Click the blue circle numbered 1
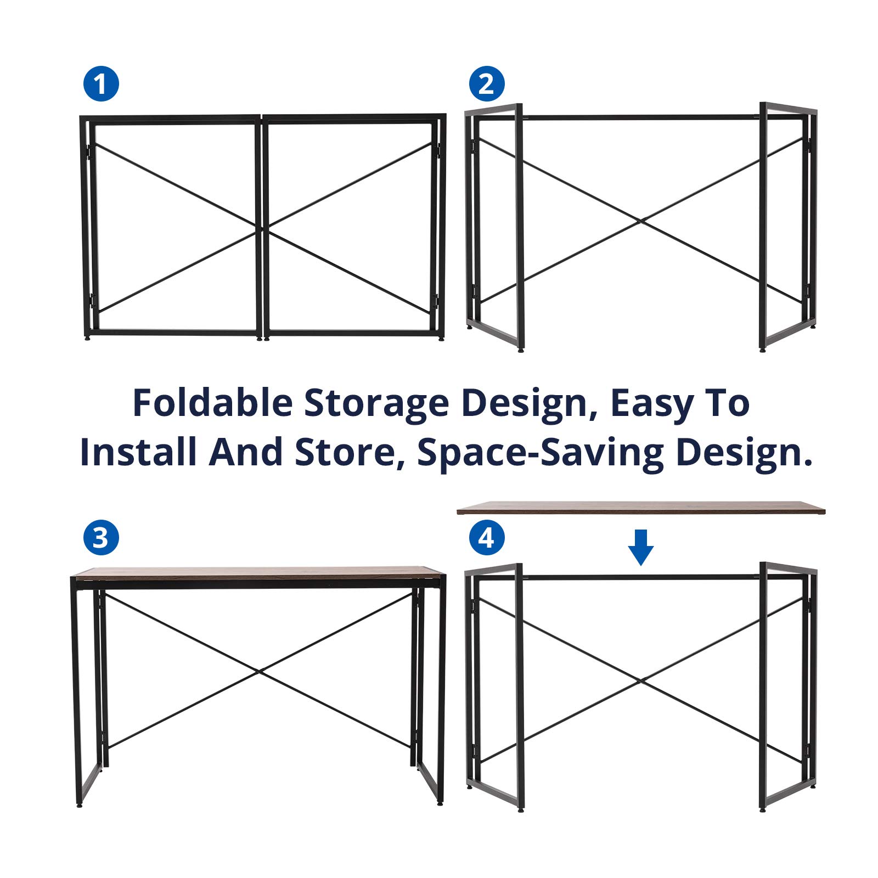pos(101,84)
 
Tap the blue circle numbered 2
pos(487,84)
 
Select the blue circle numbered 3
pos(101,537)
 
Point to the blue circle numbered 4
pos(487,537)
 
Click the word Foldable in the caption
pos(213,403)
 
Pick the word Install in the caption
pos(138,452)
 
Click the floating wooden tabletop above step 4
pos(641,508)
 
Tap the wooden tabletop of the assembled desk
pos(258,573)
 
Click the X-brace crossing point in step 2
pos(640,221)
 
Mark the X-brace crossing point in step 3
pos(259,670)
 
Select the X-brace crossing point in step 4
pos(640,681)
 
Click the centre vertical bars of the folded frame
pos(262,226)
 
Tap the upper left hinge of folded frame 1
pos(87,149)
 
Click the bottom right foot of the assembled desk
pos(440,803)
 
